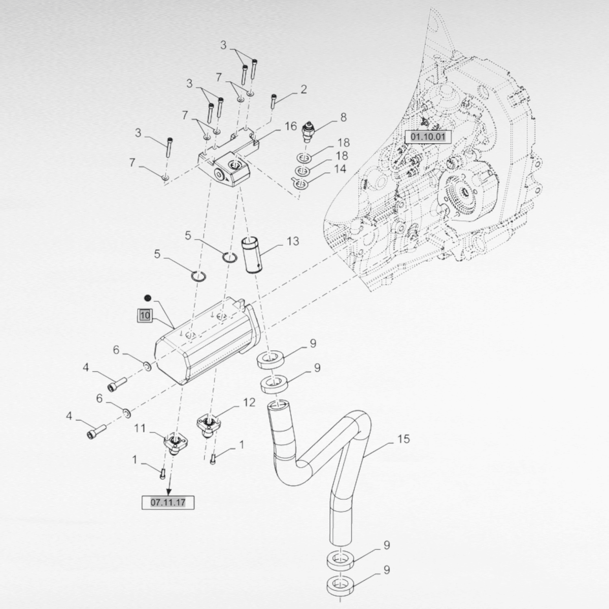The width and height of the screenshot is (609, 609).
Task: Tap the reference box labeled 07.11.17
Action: pyautogui.click(x=168, y=502)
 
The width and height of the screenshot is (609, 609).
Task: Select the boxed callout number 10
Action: pyautogui.click(x=145, y=315)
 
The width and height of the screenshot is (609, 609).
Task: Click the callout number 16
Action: pyautogui.click(x=290, y=126)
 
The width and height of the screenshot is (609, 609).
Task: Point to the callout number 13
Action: pyautogui.click(x=293, y=241)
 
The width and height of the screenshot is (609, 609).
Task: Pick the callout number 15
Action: pyautogui.click(x=403, y=439)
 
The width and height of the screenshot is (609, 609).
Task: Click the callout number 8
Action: pyautogui.click(x=344, y=118)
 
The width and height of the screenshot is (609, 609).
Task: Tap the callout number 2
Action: pyautogui.click(x=303, y=90)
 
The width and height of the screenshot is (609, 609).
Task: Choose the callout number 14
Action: pyautogui.click(x=340, y=168)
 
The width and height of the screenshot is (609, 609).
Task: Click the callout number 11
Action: pyautogui.click(x=140, y=428)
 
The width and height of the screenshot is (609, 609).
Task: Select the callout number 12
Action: pyautogui.click(x=249, y=403)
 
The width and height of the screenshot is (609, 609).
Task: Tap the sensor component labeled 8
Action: pyautogui.click(x=309, y=131)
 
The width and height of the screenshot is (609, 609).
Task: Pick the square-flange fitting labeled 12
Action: pyautogui.click(x=209, y=424)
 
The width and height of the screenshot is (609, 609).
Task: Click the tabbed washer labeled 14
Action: pyautogui.click(x=300, y=183)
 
